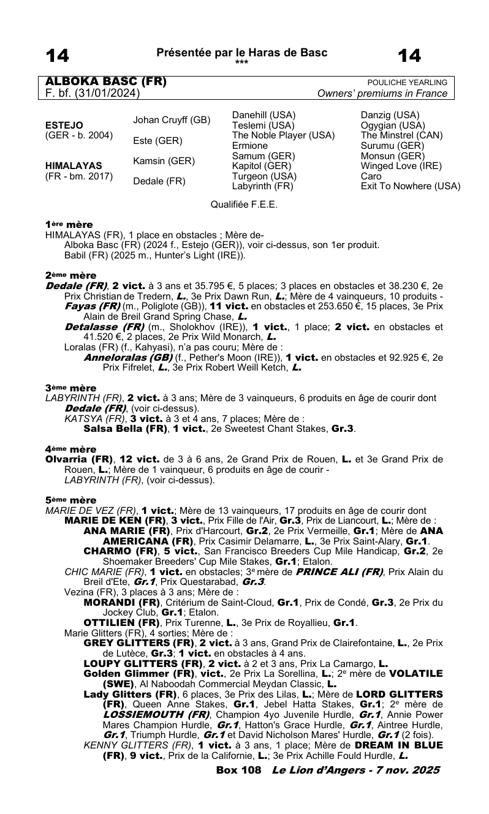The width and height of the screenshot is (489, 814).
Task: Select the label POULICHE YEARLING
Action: point(407,83)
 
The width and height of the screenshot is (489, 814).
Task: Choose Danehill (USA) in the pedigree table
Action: point(264,115)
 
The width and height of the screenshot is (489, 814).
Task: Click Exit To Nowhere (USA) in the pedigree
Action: point(411,186)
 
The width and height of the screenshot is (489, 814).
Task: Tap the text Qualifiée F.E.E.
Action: point(244,205)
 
